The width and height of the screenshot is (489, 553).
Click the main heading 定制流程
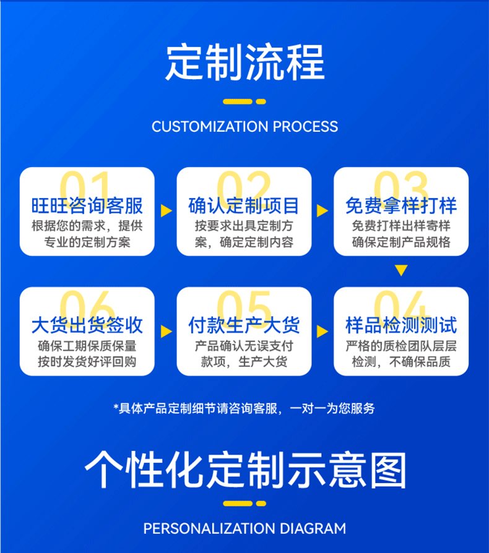click(x=244, y=61)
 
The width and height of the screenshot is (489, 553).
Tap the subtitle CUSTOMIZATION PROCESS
click(x=244, y=127)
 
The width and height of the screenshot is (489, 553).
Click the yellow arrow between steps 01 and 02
click(x=166, y=210)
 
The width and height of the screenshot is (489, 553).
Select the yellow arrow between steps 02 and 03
click(x=322, y=210)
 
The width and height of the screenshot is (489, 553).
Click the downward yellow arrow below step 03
click(x=401, y=270)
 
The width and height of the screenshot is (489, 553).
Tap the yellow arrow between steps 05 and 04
click(x=322, y=331)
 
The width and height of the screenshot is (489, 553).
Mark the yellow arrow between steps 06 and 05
click(x=166, y=331)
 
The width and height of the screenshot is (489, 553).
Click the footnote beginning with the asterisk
click(x=244, y=408)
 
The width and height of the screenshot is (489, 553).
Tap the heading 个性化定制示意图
click(x=244, y=471)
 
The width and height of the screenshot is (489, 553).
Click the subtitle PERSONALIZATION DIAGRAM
click(x=244, y=529)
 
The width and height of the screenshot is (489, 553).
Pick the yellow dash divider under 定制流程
click(x=244, y=101)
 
